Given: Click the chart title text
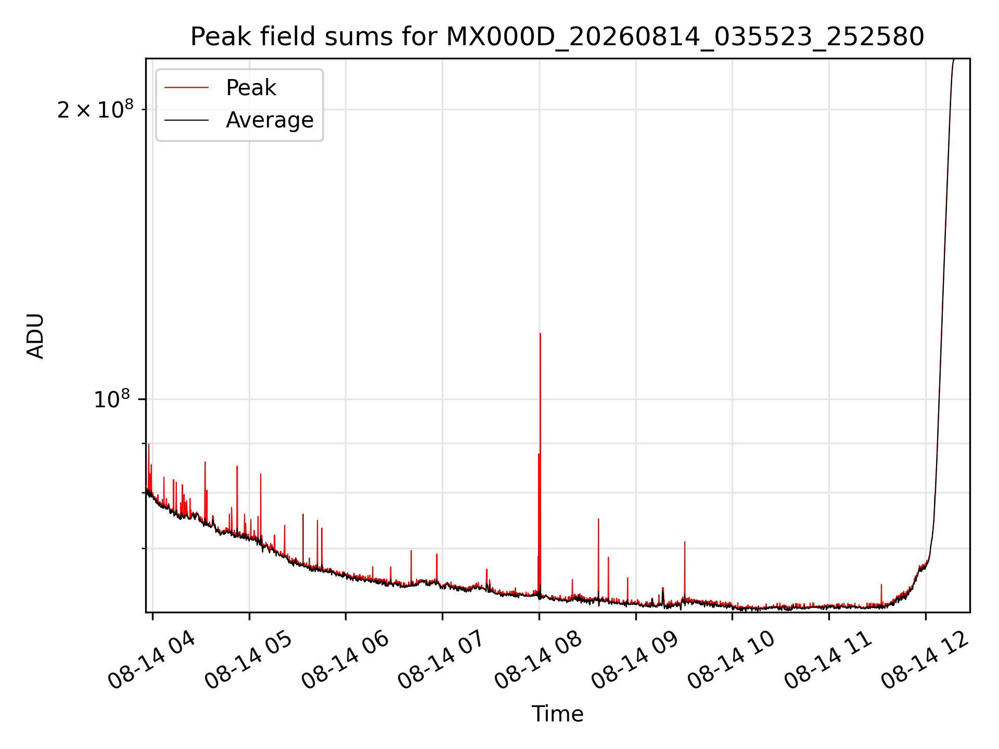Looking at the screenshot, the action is point(557,37).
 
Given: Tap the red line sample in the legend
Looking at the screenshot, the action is point(186,88).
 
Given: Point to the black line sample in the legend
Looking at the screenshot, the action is point(186,120).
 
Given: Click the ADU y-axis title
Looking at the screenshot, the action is point(35,335).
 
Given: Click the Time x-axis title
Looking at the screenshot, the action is point(557,714).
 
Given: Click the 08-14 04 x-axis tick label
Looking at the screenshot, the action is point(152,661).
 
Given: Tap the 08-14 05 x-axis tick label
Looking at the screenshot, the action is point(249,661).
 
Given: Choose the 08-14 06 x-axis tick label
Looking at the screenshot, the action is point(345,661).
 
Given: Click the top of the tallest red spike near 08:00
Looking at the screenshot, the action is point(540,333).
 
